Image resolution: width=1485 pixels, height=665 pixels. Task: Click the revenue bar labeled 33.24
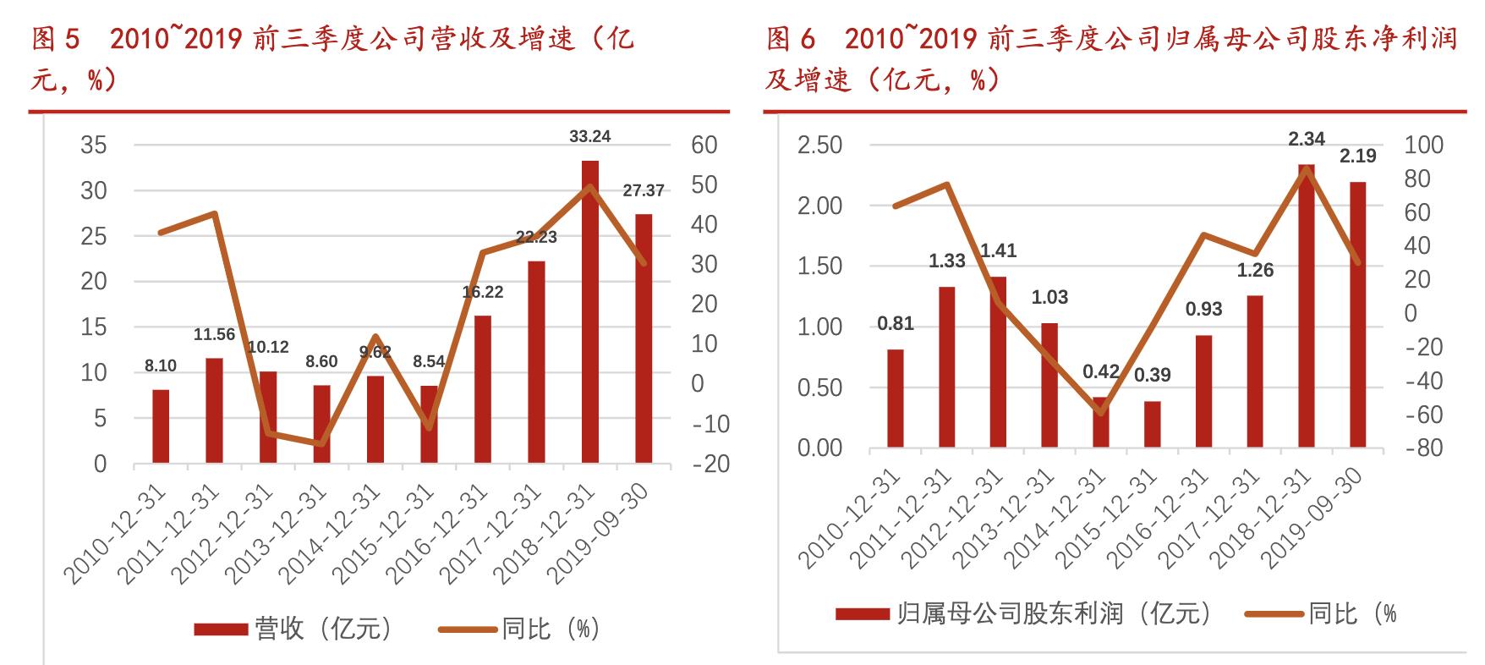[x=589, y=313]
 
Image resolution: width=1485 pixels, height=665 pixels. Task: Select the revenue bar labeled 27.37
[x=644, y=338]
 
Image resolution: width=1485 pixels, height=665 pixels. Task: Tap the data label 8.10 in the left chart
[x=161, y=365]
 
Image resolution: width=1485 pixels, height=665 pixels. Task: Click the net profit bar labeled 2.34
[x=1307, y=305]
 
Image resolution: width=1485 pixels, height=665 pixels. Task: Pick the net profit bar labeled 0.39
[x=1153, y=424]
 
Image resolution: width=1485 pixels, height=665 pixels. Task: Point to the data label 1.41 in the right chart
[x=998, y=250]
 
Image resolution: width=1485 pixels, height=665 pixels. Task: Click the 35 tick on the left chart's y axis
[x=94, y=146]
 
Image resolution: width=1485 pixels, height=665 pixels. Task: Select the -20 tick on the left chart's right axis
[x=710, y=464]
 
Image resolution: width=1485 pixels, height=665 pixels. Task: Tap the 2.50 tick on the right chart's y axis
[x=819, y=146]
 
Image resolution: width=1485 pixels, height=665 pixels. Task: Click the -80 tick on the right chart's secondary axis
[x=1423, y=448]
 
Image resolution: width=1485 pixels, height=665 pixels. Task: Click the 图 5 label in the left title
[x=54, y=39]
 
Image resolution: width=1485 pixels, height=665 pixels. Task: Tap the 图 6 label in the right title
[x=790, y=39]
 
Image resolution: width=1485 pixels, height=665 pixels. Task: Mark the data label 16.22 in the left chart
[x=483, y=292]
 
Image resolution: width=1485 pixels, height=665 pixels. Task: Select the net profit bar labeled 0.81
[x=896, y=398]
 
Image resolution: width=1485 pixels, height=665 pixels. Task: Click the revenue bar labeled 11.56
[x=214, y=410]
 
